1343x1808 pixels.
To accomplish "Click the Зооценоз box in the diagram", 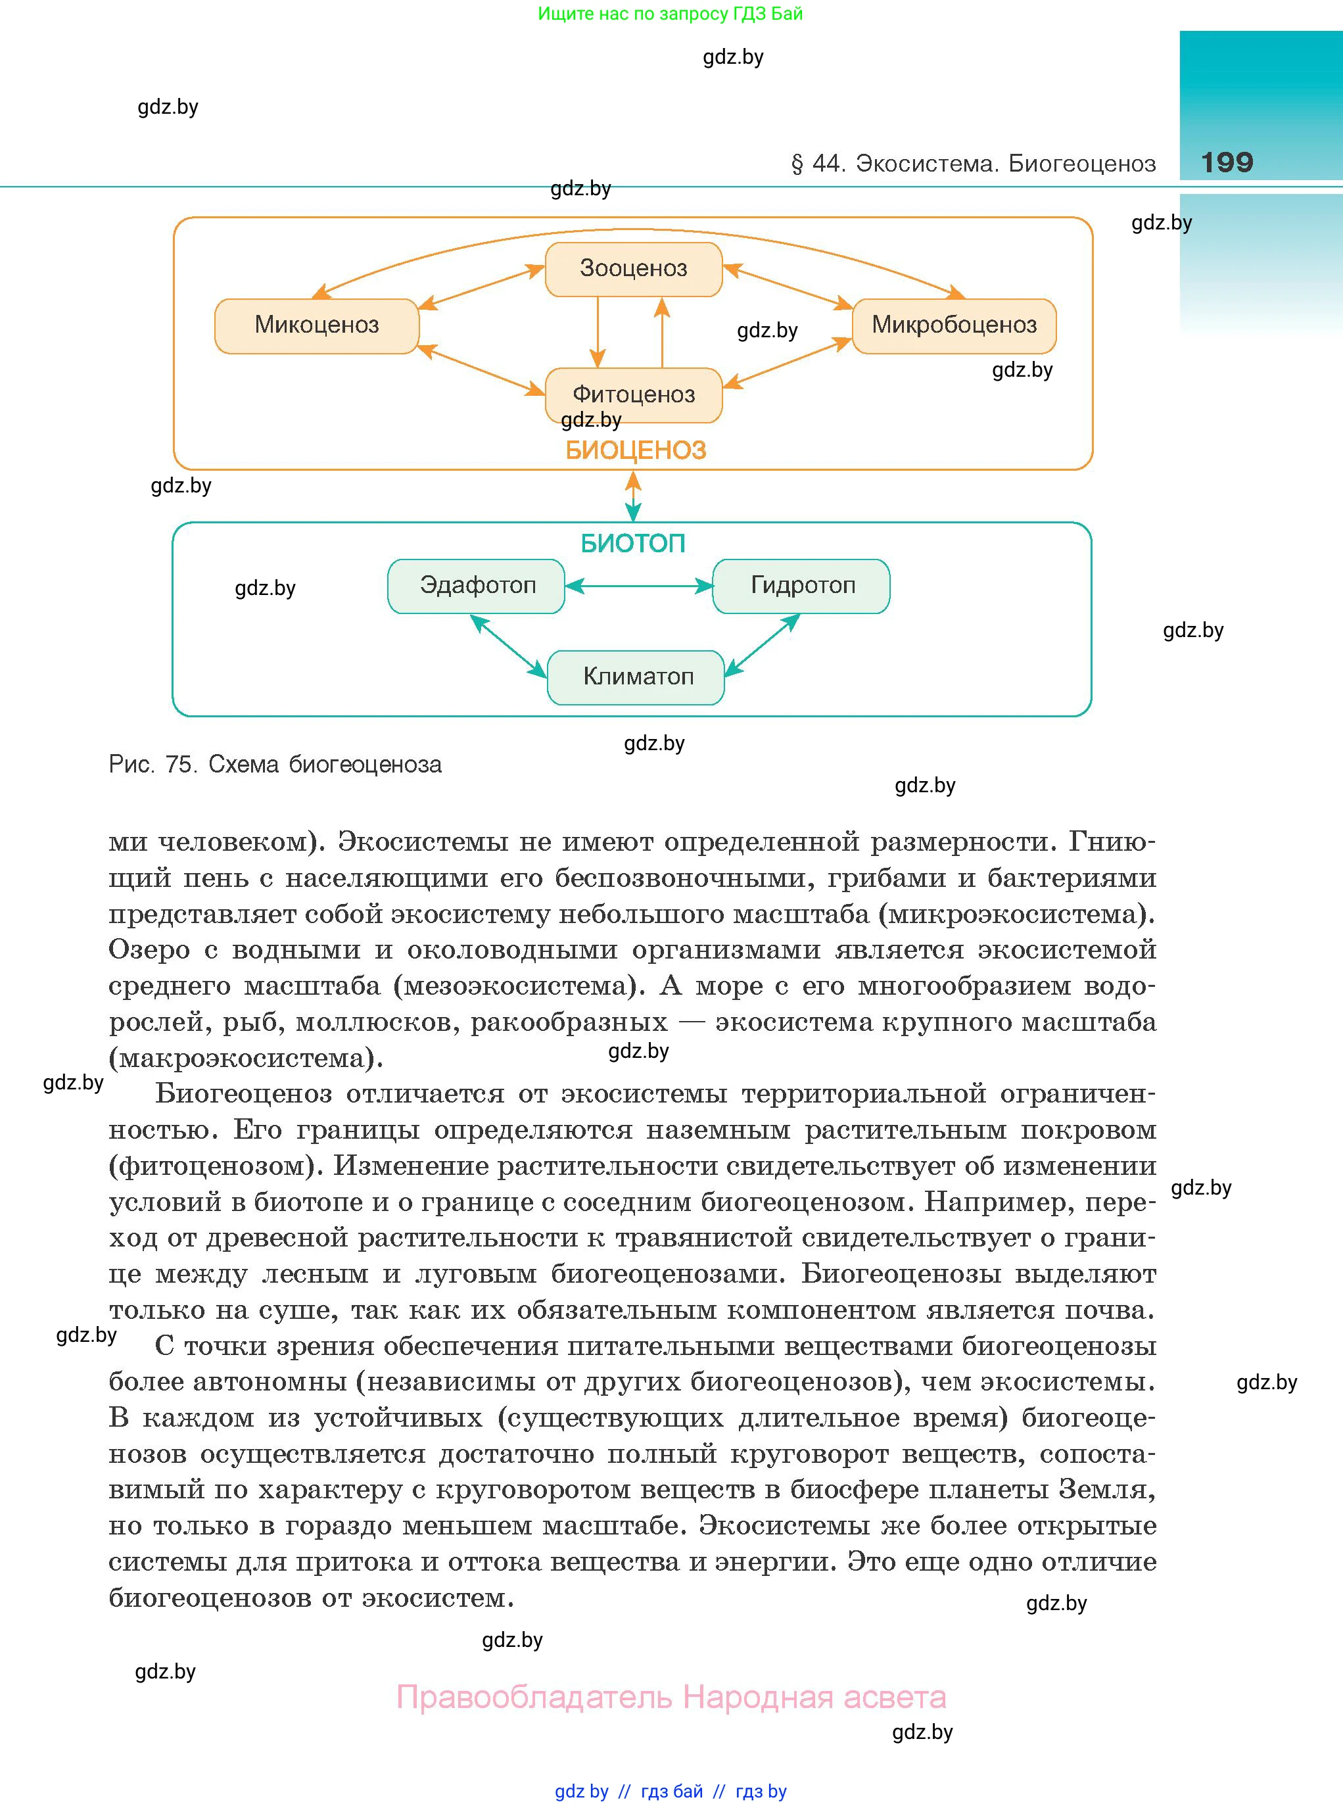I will (x=633, y=269).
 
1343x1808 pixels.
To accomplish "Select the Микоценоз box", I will (x=316, y=325).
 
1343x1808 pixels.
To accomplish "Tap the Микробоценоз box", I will (x=954, y=325).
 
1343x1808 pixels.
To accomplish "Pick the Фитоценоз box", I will (x=633, y=394).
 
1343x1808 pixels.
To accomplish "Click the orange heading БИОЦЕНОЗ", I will (x=635, y=450).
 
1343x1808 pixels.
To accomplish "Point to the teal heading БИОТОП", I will (x=632, y=543).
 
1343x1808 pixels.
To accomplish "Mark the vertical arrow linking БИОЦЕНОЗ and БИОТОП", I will (x=633, y=496).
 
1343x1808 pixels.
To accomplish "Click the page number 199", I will (x=1227, y=162).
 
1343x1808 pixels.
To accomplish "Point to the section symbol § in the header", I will (x=797, y=164).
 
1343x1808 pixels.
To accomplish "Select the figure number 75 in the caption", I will (x=179, y=764).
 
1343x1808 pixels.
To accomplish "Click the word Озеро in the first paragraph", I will (x=150, y=949).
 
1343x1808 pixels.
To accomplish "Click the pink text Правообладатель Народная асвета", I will (x=671, y=1697).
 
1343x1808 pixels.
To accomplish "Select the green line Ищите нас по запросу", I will (x=670, y=14).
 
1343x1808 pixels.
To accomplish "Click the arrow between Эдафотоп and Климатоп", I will (x=508, y=646).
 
